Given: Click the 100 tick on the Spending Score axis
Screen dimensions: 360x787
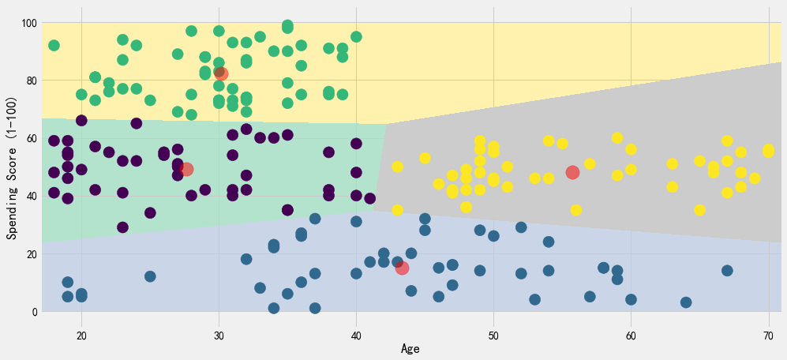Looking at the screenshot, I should pyautogui.click(x=28, y=23).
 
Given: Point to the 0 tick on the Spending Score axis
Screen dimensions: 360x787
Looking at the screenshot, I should pyautogui.click(x=34, y=312).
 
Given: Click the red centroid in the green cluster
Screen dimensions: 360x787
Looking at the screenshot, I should pyautogui.click(x=220, y=74).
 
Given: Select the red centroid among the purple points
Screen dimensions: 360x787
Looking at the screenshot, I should pyautogui.click(x=186, y=169).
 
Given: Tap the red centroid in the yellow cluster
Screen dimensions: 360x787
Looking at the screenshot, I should pyautogui.click(x=573, y=173).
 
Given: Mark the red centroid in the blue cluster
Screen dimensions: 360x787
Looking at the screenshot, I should pyautogui.click(x=402, y=268).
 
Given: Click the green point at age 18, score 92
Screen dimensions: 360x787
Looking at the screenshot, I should pyautogui.click(x=54, y=46).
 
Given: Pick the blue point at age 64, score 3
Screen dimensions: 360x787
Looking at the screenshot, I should pyautogui.click(x=686, y=302).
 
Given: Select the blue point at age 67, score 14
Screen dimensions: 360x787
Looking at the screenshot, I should pyautogui.click(x=727, y=271).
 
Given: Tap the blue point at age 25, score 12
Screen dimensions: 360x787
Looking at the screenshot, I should pyautogui.click(x=150, y=276).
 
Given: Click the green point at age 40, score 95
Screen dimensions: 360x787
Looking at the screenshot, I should pyautogui.click(x=356, y=37).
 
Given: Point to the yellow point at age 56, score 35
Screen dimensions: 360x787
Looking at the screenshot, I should pyautogui.click(x=576, y=211).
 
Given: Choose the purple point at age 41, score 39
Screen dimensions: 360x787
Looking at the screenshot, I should pyautogui.click(x=370, y=199).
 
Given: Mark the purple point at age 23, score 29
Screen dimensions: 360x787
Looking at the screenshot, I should pyautogui.click(x=122, y=227).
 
